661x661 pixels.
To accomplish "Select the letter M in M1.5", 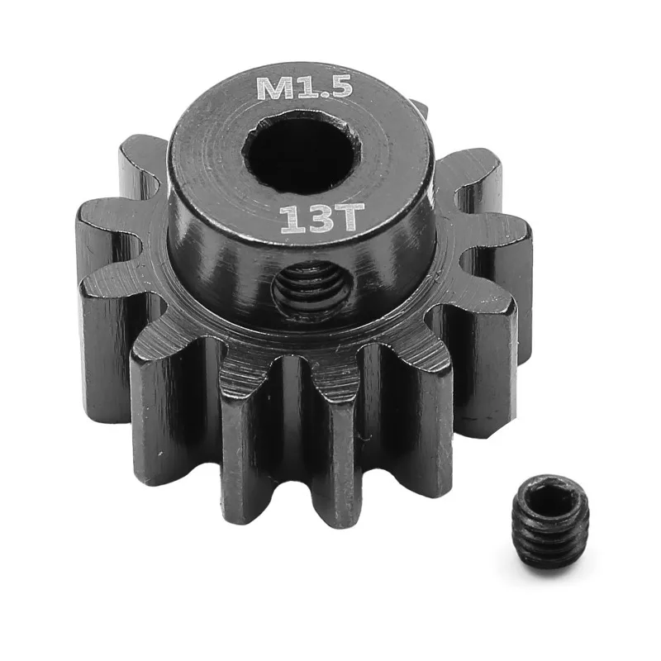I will point(273,88).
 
